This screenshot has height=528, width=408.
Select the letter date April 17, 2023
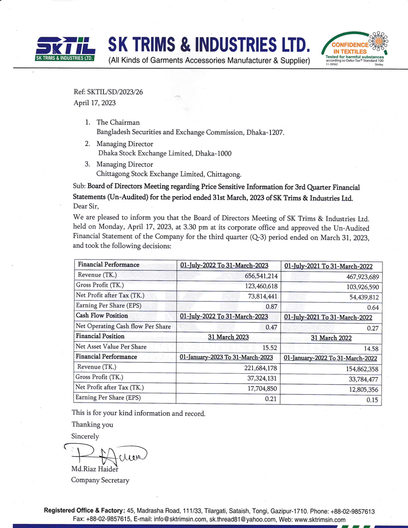click(95, 103)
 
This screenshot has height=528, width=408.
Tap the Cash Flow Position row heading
click(102, 316)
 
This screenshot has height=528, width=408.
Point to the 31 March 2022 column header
click(331, 338)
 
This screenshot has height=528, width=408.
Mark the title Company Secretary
click(100, 480)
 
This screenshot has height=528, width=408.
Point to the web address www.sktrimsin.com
click(316, 519)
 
